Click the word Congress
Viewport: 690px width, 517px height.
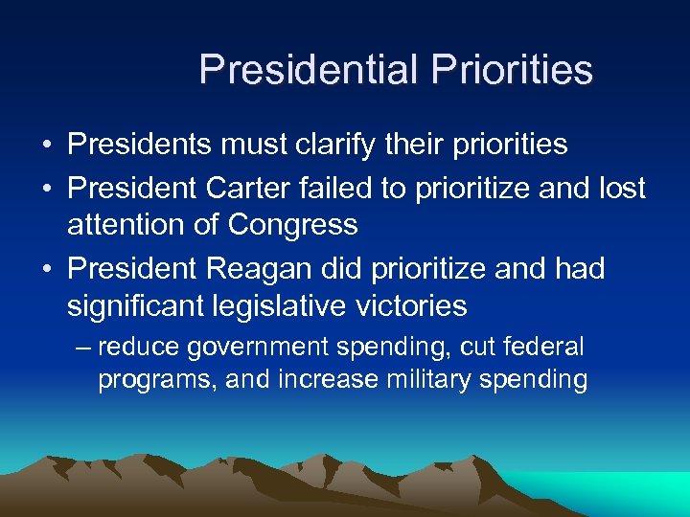coord(292,225)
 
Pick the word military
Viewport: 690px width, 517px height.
coord(433,379)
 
